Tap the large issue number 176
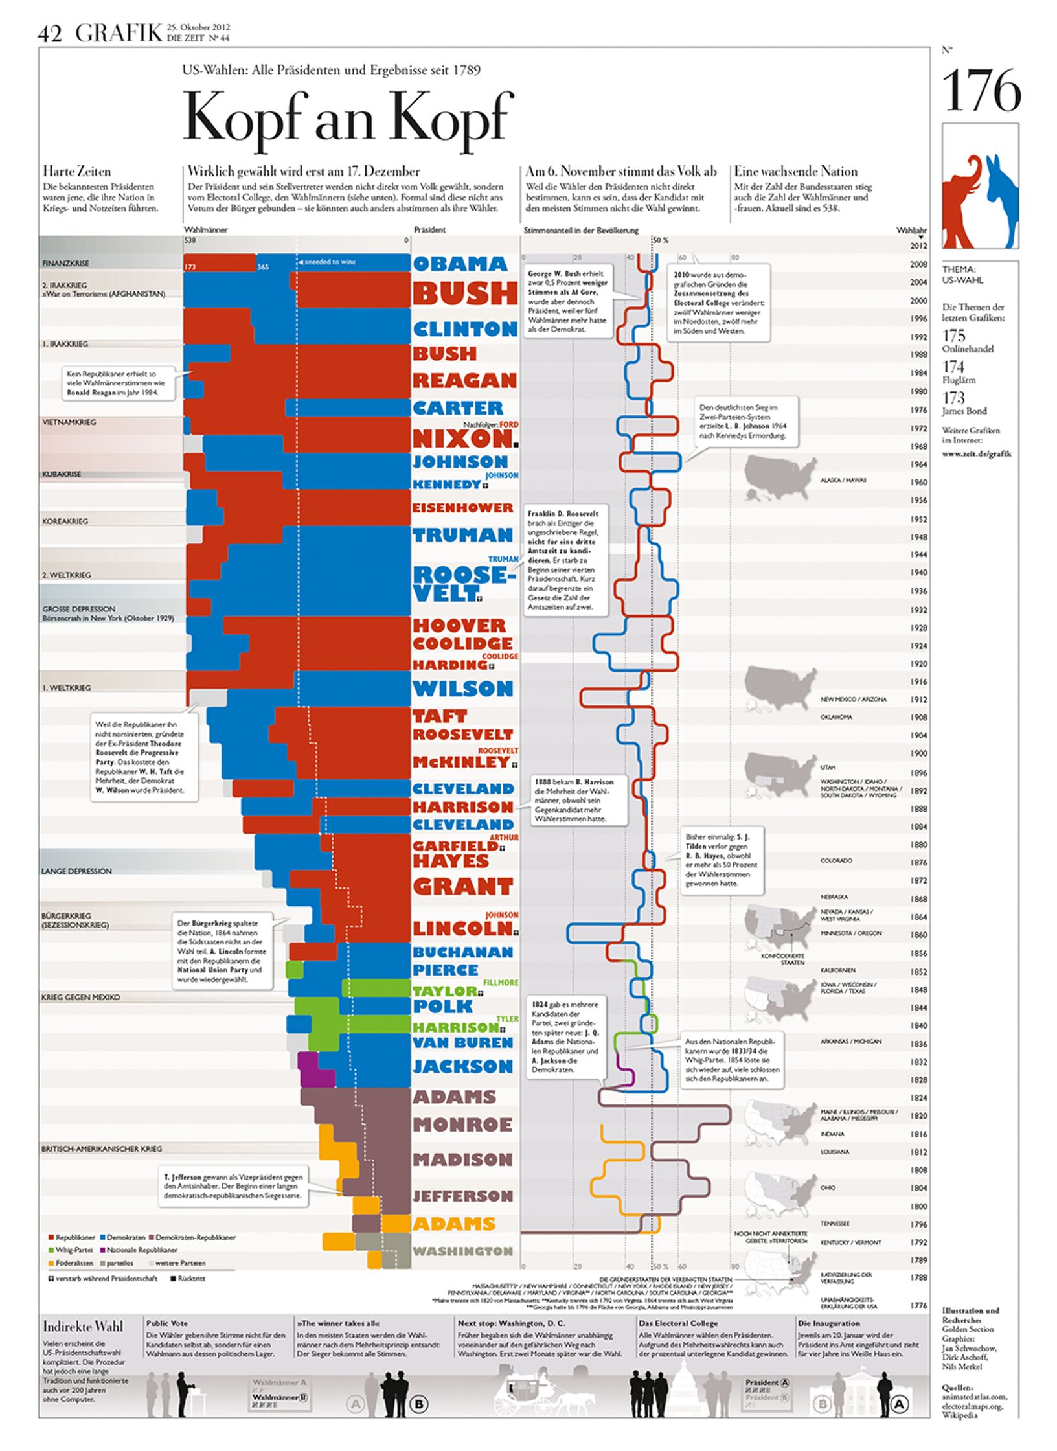click(x=981, y=92)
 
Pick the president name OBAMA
click(x=460, y=264)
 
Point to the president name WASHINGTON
click(x=462, y=1251)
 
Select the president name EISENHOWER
click(x=462, y=508)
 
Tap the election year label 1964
click(x=918, y=464)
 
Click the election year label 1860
click(x=918, y=935)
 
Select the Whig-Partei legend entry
click(x=70, y=1250)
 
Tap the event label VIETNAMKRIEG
click(x=69, y=422)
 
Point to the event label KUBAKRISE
click(x=62, y=474)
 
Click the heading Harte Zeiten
click(x=76, y=172)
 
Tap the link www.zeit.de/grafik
click(x=976, y=453)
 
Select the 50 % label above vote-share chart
click(x=660, y=240)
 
